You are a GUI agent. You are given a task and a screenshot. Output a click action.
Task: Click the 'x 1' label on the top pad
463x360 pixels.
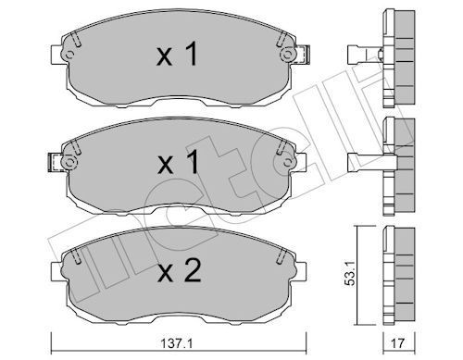(175, 56)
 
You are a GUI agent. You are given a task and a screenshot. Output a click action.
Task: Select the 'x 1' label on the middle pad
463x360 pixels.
(175, 164)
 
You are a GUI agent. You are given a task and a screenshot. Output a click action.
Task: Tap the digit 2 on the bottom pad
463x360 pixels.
(192, 272)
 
